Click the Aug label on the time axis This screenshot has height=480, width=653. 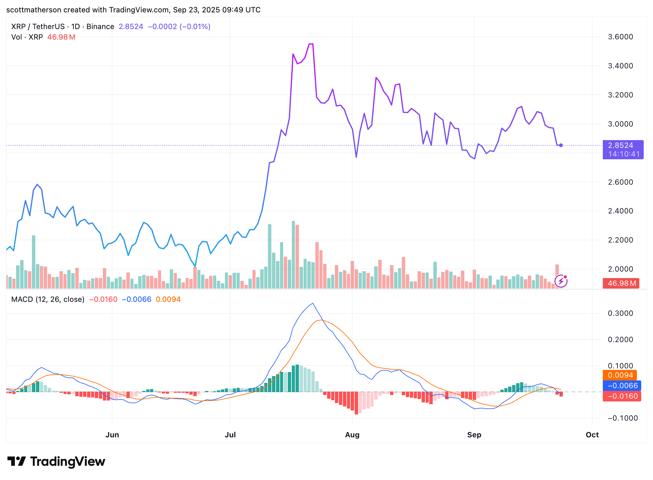(352, 435)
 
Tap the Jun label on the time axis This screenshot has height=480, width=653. (112, 435)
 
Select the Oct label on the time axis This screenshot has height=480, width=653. (592, 435)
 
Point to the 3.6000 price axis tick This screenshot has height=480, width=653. (620, 37)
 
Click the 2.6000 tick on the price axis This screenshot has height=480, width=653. (620, 182)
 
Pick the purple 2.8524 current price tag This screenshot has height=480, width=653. (623, 149)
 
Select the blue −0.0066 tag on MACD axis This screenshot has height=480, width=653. (622, 386)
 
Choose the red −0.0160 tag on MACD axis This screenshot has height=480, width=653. (622, 396)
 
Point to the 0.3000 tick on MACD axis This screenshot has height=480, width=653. (620, 313)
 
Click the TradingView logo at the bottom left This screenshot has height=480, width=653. (56, 461)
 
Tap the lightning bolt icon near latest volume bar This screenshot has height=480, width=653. (561, 281)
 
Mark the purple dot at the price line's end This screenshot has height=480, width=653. (561, 145)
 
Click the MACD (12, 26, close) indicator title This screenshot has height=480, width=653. (48, 299)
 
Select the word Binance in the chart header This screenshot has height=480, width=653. (100, 27)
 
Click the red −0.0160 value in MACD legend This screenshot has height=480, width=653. (103, 299)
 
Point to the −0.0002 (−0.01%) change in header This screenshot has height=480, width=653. (179, 27)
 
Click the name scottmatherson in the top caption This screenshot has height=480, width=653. (33, 10)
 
